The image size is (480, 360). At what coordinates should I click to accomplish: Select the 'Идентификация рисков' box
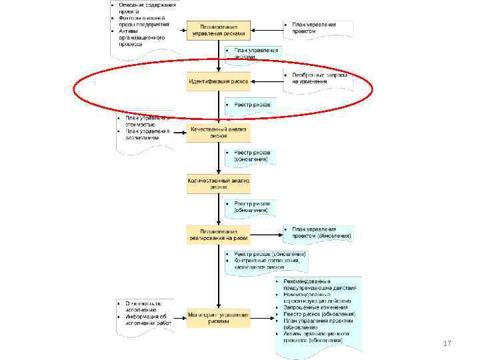coord(219,82)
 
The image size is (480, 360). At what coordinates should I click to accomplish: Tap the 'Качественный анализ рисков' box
coord(219,132)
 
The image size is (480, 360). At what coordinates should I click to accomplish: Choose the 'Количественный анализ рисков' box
coord(219,183)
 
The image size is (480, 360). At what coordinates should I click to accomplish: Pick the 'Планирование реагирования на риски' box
coord(219,234)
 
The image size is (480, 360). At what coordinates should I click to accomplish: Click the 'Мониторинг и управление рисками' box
coord(219,318)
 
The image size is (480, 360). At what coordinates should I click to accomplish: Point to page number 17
coord(447,343)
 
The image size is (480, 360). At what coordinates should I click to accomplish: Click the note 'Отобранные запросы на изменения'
coord(317,80)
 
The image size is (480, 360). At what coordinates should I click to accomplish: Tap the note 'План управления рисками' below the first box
coord(253,53)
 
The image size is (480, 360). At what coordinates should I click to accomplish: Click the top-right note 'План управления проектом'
coord(317,28)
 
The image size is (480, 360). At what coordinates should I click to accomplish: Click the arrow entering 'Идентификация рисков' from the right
coord(267,83)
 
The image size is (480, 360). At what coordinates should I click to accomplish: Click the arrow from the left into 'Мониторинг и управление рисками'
coord(179,319)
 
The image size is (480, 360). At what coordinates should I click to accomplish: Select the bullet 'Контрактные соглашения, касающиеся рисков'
coord(267,264)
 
